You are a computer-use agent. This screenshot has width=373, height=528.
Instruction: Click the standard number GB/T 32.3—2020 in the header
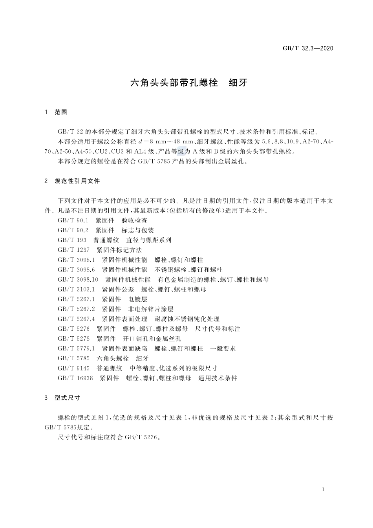(308, 48)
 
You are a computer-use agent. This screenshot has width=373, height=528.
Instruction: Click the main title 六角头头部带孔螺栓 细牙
(188, 83)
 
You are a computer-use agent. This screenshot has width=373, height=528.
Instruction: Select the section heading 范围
(61, 112)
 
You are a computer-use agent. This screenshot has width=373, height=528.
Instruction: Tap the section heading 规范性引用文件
(77, 181)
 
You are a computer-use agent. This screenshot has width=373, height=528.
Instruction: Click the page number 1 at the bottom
(323, 489)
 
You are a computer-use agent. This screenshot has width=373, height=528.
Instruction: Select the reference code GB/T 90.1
(73, 220)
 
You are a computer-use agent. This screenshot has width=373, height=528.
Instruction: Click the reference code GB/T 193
(72, 240)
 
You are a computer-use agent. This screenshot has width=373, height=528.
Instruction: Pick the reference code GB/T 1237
(73, 250)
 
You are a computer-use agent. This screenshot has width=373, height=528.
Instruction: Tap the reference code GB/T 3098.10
(78, 280)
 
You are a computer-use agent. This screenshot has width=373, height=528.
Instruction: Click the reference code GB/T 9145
(73, 368)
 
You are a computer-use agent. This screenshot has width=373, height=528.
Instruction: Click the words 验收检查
(135, 220)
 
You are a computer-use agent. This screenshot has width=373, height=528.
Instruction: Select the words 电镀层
(138, 299)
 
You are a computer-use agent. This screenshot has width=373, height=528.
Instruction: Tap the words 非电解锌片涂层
(151, 309)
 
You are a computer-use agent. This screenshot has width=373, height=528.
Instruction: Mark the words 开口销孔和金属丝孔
(152, 339)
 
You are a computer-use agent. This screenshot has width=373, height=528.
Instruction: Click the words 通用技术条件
(218, 378)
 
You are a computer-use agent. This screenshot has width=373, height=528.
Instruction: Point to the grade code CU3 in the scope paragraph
(117, 151)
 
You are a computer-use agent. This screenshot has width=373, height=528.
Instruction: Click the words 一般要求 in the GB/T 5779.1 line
(223, 348)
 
